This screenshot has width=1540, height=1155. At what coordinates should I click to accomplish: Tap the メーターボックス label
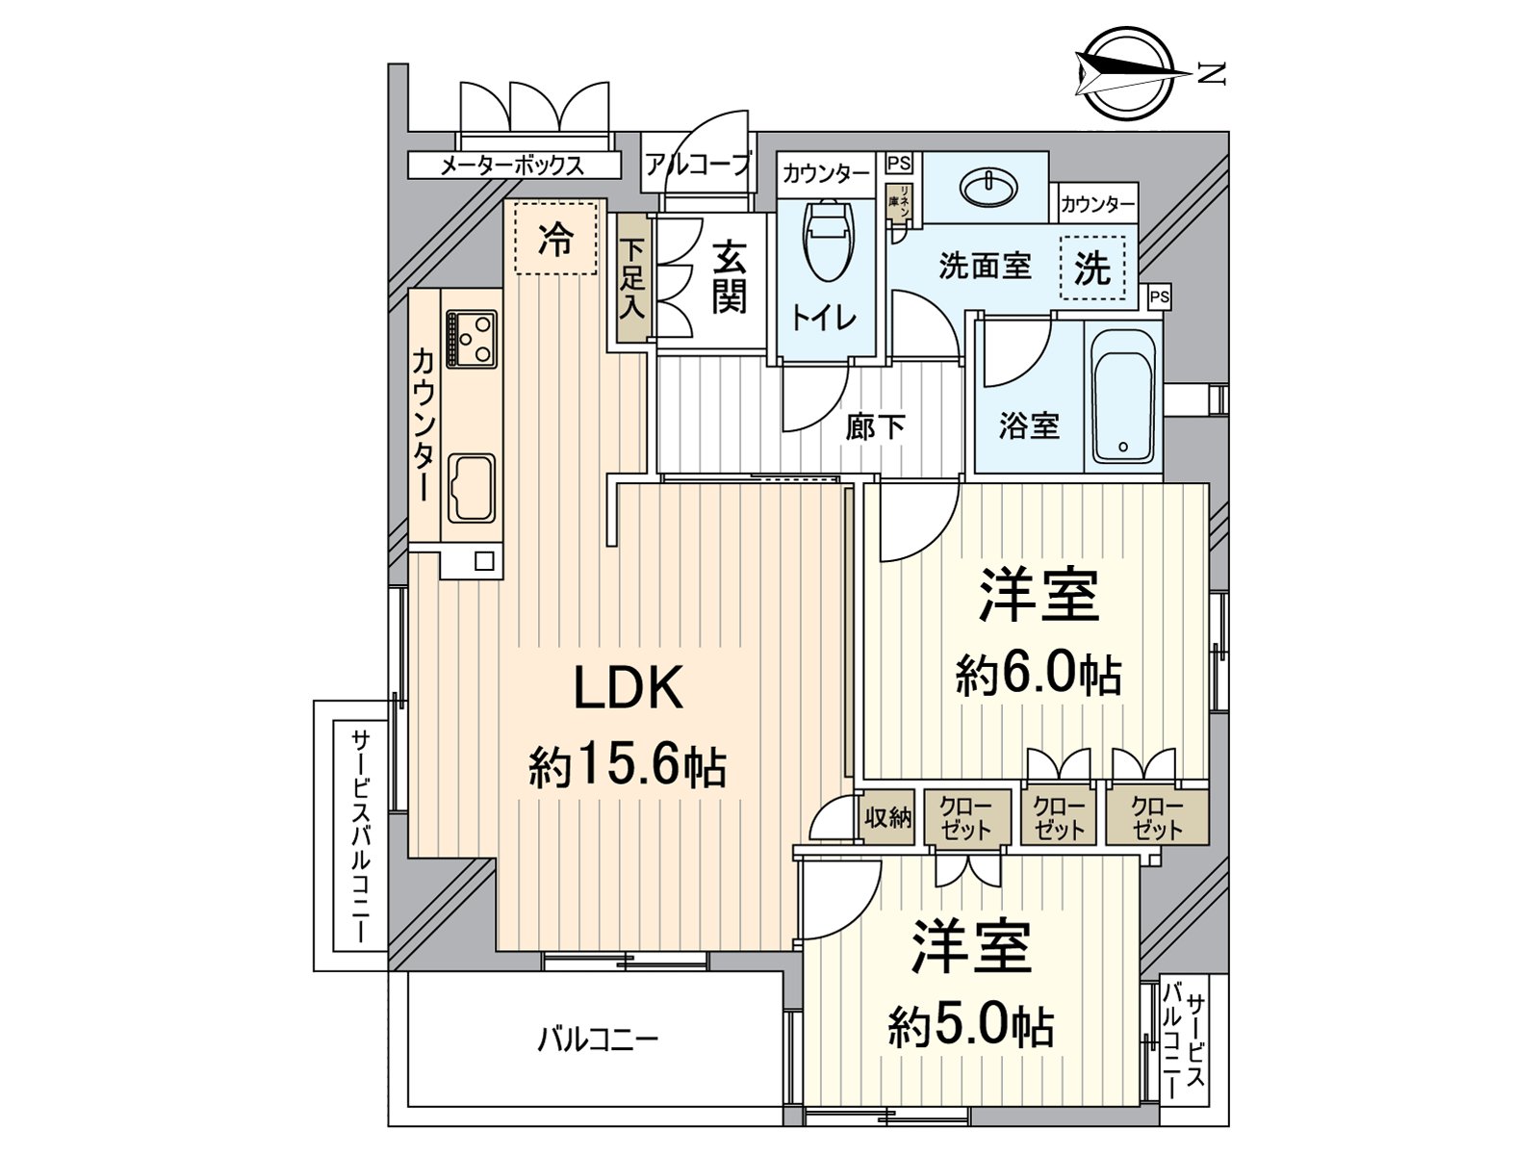[x=511, y=166]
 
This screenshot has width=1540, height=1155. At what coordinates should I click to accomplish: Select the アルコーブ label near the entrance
[x=697, y=165]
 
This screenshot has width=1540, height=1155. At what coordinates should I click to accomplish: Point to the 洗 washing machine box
[x=1091, y=269]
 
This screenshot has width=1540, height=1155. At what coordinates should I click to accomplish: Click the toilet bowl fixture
[x=827, y=239]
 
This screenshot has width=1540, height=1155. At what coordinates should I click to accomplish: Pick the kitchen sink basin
[x=473, y=489]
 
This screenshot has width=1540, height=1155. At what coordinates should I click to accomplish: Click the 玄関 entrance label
[x=729, y=277]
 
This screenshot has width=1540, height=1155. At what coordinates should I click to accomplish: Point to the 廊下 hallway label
[x=874, y=426]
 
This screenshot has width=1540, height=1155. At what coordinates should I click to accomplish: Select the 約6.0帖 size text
[x=1038, y=674]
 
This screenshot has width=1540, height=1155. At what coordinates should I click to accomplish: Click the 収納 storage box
[x=886, y=818]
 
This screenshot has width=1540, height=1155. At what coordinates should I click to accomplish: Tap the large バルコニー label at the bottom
[x=597, y=1040]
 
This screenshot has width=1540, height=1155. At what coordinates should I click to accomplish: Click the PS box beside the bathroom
[x=1159, y=297]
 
